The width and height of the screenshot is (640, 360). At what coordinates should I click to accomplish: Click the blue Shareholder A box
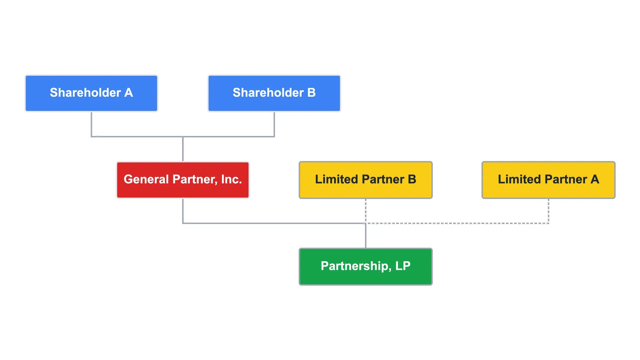pyautogui.click(x=91, y=93)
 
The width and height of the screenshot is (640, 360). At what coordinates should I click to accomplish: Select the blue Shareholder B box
pyautogui.click(x=274, y=93)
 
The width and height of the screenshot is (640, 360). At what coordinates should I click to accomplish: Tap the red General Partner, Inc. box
pyautogui.click(x=183, y=180)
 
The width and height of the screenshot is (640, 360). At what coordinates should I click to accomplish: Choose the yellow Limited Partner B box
pyautogui.click(x=366, y=180)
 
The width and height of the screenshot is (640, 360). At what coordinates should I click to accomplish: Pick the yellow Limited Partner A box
pyautogui.click(x=548, y=180)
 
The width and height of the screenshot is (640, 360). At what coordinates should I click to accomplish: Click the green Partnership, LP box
pyautogui.click(x=366, y=267)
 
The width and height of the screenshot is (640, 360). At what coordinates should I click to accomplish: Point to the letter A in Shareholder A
pyautogui.click(x=129, y=93)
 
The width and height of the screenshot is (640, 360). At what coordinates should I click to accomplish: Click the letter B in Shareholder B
pyautogui.click(x=311, y=93)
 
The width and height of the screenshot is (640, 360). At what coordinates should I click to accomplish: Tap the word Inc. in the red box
pyautogui.click(x=231, y=179)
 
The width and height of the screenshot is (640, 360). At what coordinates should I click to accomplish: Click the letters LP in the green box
pyautogui.click(x=403, y=266)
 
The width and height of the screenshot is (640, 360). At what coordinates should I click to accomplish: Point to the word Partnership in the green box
pyautogui.click(x=356, y=266)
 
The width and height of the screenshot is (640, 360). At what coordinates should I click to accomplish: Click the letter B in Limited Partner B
pyautogui.click(x=412, y=179)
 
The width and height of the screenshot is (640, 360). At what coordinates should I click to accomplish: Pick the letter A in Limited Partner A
pyautogui.click(x=595, y=179)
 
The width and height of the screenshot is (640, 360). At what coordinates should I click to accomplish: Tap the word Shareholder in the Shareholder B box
pyautogui.click(x=268, y=93)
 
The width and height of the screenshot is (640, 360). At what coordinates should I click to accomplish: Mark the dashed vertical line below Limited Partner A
pyautogui.click(x=548, y=211)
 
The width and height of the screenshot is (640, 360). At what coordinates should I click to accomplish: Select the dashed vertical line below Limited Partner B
pyautogui.click(x=366, y=211)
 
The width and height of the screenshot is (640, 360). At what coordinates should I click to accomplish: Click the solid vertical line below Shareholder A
pyautogui.click(x=91, y=124)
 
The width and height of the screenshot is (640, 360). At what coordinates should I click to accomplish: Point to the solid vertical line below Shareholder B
pyautogui.click(x=274, y=124)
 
